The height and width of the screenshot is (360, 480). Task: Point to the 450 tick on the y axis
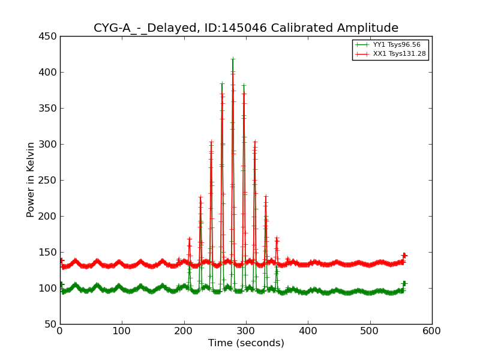[48, 36]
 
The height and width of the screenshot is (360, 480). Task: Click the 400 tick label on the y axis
[48, 72]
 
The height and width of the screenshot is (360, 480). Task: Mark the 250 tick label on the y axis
[48, 180]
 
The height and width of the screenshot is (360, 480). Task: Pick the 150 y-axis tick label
[48, 252]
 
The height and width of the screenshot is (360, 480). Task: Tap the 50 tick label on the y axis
[50, 324]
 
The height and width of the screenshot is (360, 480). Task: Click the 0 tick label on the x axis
[60, 331]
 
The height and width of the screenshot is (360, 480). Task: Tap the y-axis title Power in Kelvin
[31, 179]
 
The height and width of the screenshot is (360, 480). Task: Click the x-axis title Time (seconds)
[246, 343]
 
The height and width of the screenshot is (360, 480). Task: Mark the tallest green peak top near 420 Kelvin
[233, 59]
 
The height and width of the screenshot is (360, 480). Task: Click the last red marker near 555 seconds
[404, 256]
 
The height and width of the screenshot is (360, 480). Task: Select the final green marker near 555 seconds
[404, 283]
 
